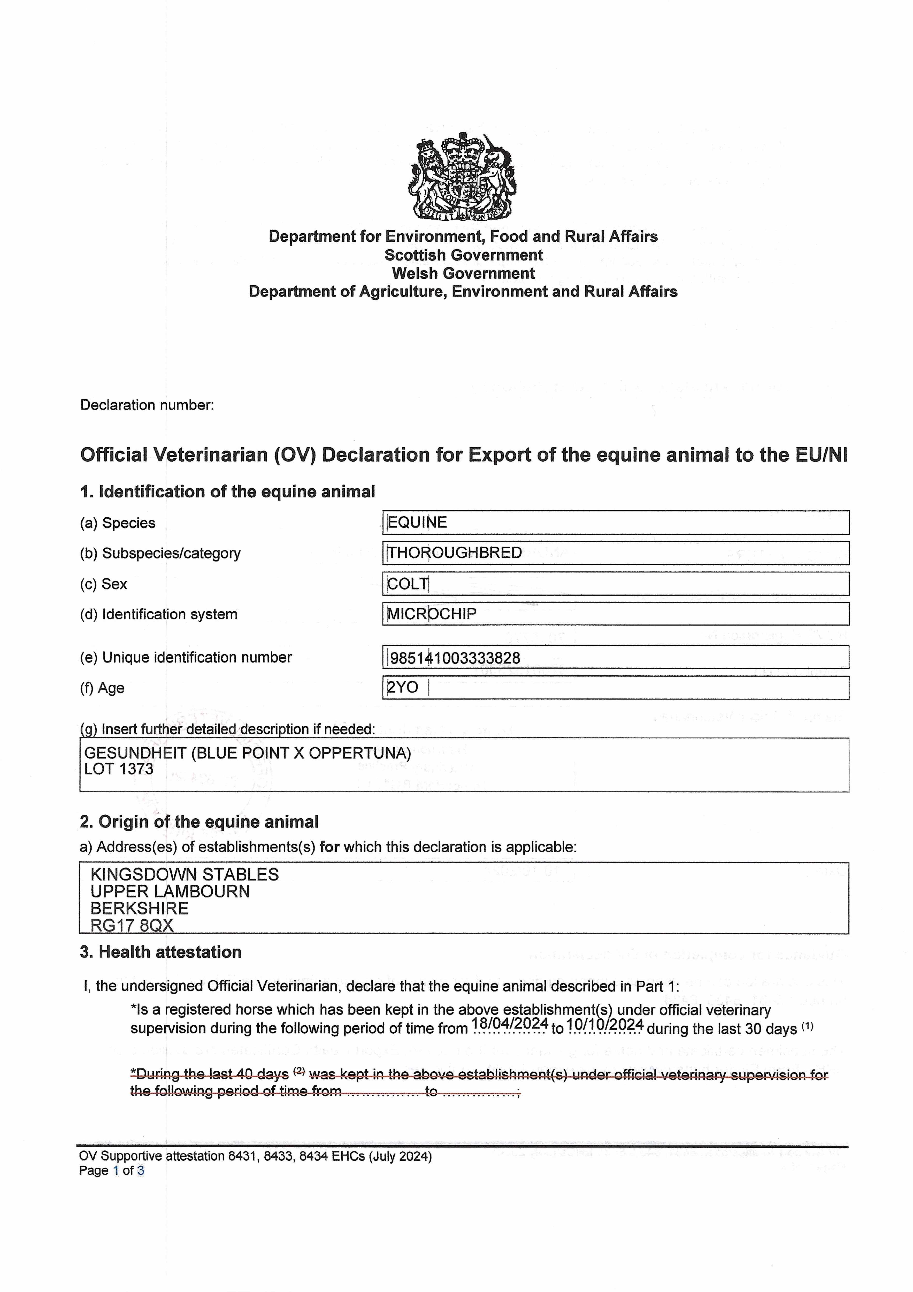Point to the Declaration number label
[x=147, y=405]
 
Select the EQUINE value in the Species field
[x=417, y=522]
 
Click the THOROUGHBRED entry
[x=454, y=553]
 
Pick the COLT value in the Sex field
[x=408, y=583]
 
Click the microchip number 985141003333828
[x=455, y=657]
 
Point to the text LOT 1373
[x=119, y=769]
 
